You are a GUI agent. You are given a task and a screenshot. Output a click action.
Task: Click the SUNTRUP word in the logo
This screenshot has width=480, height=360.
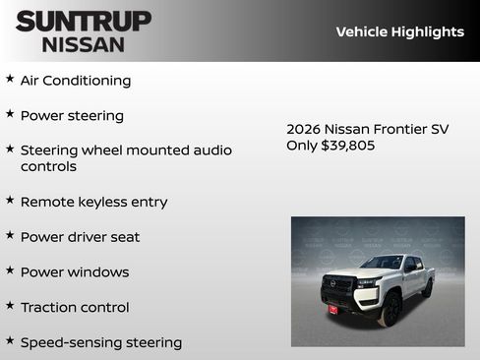(x=84, y=21)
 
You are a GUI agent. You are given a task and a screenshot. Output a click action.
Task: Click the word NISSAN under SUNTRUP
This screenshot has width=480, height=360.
(x=84, y=44)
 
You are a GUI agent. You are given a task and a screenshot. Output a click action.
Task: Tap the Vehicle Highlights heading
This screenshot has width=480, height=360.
(x=399, y=31)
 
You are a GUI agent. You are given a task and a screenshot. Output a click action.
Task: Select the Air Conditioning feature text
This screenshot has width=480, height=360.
(x=76, y=81)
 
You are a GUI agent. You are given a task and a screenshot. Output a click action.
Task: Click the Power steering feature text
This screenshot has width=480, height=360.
(x=72, y=116)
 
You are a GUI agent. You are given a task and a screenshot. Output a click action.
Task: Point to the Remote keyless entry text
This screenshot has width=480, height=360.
(x=93, y=202)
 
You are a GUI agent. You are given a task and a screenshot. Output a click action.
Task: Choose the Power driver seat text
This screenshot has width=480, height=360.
(x=80, y=237)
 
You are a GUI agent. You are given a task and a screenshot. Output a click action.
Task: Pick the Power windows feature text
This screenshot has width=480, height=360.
(x=75, y=272)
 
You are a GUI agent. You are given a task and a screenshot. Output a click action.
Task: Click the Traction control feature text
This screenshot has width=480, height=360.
(x=75, y=308)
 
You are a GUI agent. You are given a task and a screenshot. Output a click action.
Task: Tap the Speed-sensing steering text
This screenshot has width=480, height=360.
(x=101, y=343)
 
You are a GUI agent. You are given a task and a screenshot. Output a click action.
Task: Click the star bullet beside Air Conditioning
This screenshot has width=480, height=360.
(x=10, y=78)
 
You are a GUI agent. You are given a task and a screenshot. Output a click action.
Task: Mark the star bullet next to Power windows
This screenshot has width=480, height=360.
(x=10, y=270)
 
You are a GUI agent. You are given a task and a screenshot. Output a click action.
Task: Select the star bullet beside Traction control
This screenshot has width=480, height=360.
(x=10, y=305)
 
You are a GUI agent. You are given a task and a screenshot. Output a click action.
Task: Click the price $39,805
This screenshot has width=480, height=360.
(x=348, y=146)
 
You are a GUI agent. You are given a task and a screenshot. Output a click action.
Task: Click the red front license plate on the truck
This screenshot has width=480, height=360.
(x=332, y=309)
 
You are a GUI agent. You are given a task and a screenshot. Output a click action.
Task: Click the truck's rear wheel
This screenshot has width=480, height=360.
(x=427, y=289)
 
